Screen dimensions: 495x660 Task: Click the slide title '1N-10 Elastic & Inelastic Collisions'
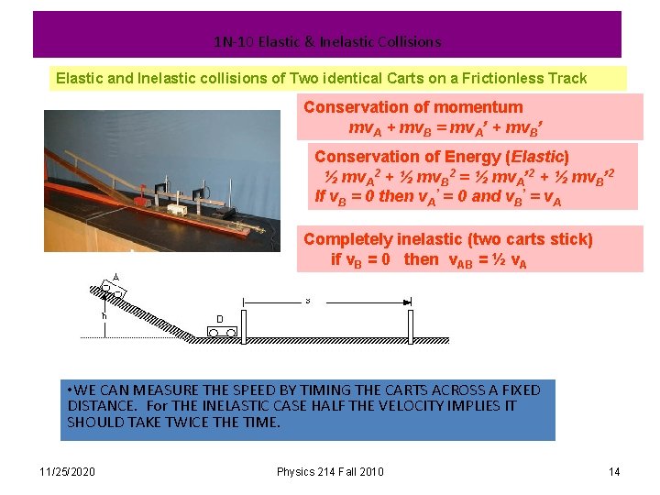point(327,42)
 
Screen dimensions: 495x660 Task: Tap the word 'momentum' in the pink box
point(481,107)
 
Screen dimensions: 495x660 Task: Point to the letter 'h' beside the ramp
point(104,316)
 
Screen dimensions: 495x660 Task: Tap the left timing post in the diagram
point(243,318)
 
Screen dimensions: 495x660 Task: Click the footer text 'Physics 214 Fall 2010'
point(330,472)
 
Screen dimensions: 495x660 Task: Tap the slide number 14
point(614,472)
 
